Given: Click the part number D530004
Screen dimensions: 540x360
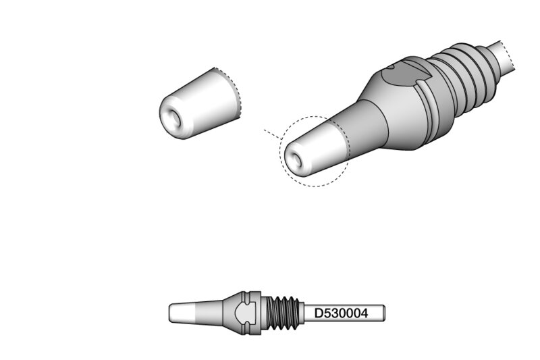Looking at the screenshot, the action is [341, 313].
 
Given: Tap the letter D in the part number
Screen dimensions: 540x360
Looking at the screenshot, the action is [318, 313].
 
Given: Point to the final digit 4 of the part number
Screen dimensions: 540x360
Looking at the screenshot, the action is [364, 313].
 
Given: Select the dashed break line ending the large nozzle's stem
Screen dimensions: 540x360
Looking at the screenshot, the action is [509, 55].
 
